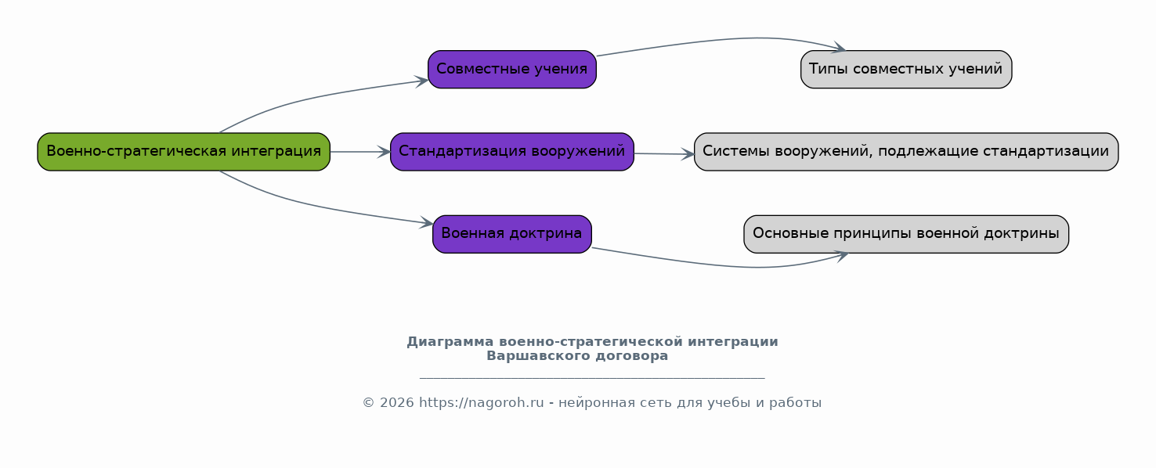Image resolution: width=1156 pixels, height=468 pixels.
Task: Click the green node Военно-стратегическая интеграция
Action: [x=184, y=152]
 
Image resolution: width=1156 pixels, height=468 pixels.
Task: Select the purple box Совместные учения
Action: [x=512, y=69]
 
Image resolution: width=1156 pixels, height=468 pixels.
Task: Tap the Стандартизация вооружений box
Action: [x=512, y=152]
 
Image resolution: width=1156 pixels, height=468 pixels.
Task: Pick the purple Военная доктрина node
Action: [x=512, y=234]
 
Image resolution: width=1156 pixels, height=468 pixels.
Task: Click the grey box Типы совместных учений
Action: [x=906, y=69]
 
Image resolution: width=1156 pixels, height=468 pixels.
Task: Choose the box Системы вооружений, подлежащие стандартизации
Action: [x=906, y=152]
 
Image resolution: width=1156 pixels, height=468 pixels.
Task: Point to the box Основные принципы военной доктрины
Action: [x=906, y=234]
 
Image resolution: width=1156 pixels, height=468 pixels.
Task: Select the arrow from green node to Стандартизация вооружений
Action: [x=360, y=152]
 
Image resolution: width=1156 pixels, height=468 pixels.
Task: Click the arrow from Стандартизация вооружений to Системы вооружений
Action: [x=664, y=153]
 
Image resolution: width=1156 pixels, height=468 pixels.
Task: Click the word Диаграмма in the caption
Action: [x=450, y=342]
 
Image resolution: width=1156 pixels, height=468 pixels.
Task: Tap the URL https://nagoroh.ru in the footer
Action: [x=481, y=402]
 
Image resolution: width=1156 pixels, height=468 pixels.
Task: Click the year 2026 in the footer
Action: [x=397, y=402]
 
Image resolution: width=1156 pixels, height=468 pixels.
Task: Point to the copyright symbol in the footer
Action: [x=368, y=402]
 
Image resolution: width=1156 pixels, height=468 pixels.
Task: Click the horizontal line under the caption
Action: [x=592, y=378]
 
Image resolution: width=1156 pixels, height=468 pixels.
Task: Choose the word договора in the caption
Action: [x=632, y=355]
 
